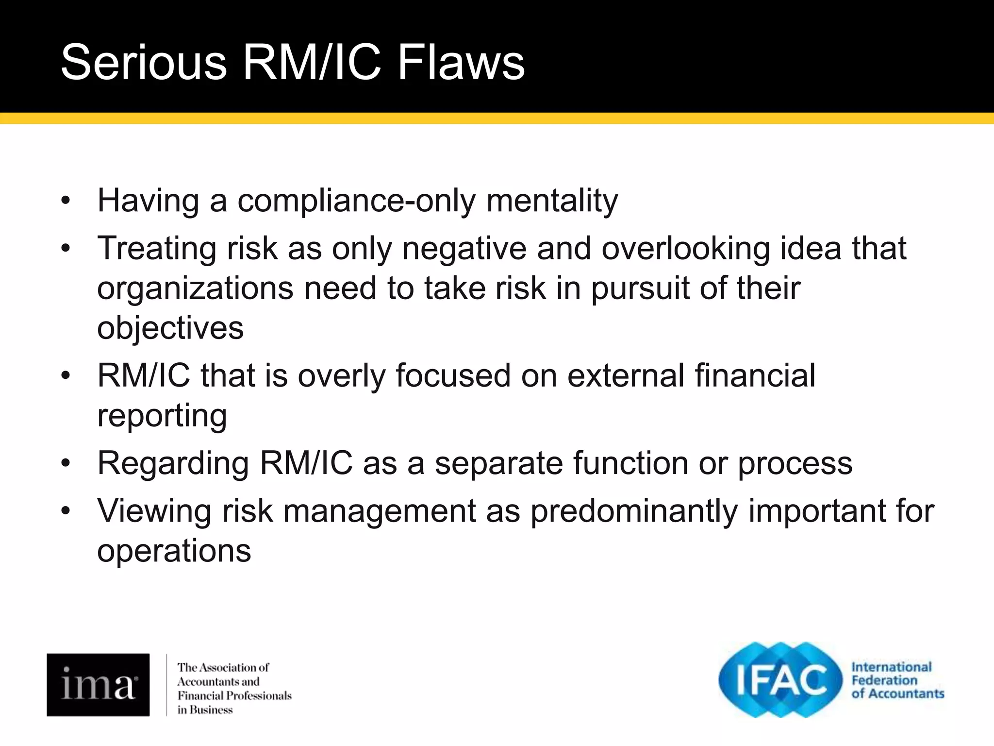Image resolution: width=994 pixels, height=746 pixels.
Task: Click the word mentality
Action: point(552,201)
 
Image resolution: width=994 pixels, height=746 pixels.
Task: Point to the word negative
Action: point(464,248)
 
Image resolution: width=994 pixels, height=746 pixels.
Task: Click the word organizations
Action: point(195,288)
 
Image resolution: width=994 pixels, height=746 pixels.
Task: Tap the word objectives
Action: point(170,328)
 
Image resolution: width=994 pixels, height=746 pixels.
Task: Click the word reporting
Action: point(162,416)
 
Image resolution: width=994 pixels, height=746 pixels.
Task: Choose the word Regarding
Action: point(173,463)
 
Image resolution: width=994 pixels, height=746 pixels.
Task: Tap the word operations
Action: point(174,551)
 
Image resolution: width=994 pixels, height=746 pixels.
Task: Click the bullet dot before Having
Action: point(66,201)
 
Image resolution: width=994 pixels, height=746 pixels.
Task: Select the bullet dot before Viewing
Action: point(66,511)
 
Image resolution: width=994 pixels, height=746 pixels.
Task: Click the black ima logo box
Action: point(98,685)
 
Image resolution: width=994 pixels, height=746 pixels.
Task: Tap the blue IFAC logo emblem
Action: point(780,679)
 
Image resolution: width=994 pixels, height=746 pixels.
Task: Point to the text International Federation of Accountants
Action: point(897,680)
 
